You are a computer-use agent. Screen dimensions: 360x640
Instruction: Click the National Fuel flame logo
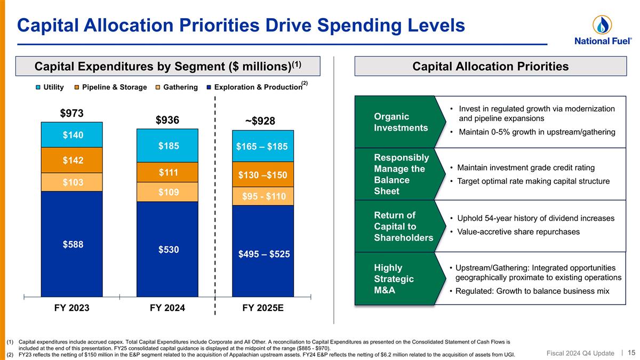click(x=602, y=25)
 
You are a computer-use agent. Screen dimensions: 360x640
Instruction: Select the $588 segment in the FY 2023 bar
click(x=71, y=244)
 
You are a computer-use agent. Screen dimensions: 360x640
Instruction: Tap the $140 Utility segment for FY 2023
click(x=71, y=135)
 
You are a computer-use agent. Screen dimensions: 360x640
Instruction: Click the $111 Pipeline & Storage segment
click(x=167, y=172)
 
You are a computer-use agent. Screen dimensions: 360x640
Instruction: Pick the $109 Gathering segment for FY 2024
click(x=167, y=191)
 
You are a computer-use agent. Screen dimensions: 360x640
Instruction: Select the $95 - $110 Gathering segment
click(x=263, y=196)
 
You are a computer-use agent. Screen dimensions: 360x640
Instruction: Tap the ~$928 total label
click(x=260, y=121)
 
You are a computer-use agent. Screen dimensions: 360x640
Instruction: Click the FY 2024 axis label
click(x=167, y=308)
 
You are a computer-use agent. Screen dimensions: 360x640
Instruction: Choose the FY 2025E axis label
click(x=263, y=308)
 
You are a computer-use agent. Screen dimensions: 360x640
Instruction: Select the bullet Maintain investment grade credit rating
click(x=525, y=168)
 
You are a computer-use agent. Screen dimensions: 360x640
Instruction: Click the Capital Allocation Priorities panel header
click(x=490, y=66)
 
